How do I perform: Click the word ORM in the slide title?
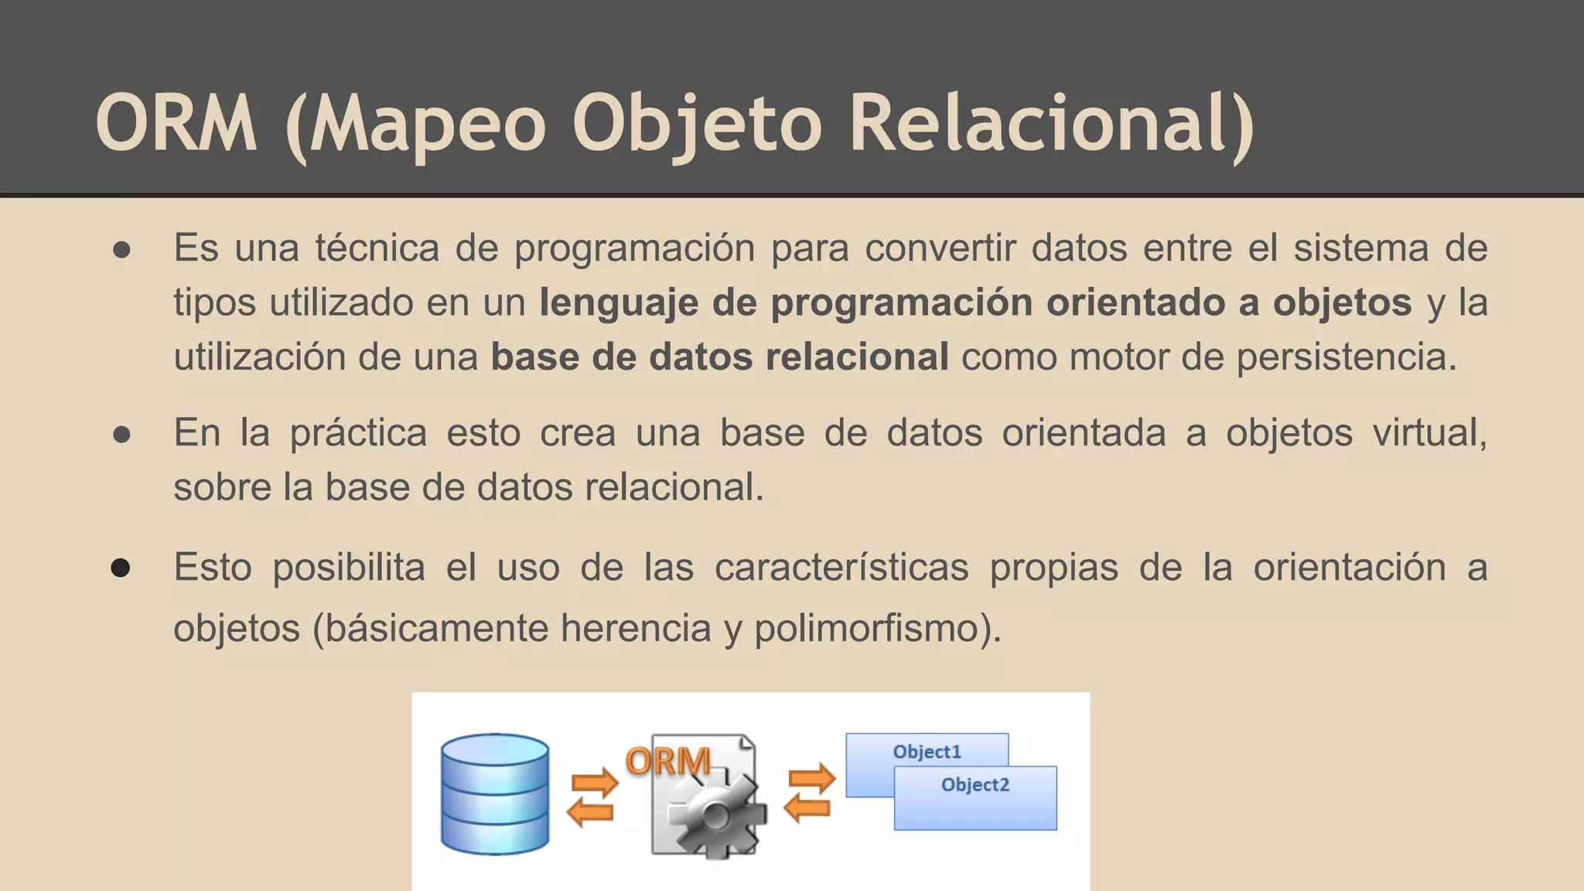176,124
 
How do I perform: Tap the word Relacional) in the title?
1051,124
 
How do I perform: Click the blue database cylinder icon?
495,794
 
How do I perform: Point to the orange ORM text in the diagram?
668,762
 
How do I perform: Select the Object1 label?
927,752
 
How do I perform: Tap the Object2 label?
975,785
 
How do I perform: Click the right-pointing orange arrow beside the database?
595,783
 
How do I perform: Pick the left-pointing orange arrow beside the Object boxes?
807,808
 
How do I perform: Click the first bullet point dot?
121,250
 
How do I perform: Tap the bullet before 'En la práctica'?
121,435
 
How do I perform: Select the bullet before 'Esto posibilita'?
121,568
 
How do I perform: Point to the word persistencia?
1346,357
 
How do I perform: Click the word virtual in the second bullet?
1429,433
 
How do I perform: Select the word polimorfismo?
877,628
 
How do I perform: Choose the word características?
841,568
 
